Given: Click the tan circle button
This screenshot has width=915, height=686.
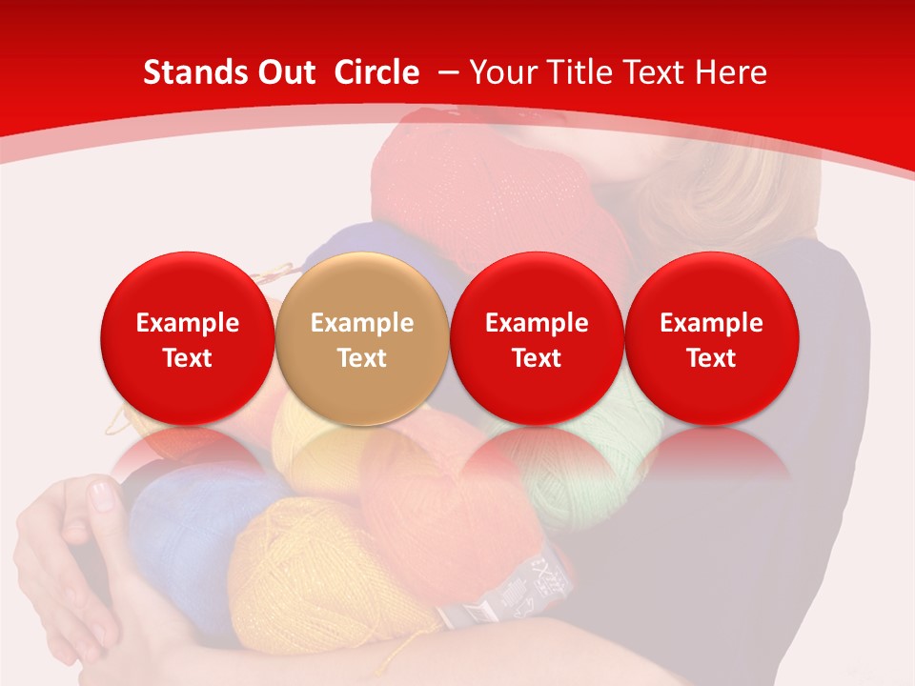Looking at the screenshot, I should [361, 339].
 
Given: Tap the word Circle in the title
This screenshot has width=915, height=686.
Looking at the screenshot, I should [376, 72].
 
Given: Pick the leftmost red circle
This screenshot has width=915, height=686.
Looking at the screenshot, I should [187, 339].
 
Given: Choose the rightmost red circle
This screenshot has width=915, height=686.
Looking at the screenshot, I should [711, 339].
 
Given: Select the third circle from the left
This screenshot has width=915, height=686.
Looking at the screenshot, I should [537, 339].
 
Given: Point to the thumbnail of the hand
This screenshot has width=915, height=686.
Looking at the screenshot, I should [101, 496].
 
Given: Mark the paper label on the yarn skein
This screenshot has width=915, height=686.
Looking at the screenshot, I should [519, 586].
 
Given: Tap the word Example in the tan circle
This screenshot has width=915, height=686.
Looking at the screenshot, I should [362, 323].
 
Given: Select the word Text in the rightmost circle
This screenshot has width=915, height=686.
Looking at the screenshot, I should [711, 358].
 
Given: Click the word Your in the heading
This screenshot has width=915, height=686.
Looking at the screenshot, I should [502, 72].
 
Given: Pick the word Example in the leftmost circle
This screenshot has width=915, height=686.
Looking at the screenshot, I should [187, 323].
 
